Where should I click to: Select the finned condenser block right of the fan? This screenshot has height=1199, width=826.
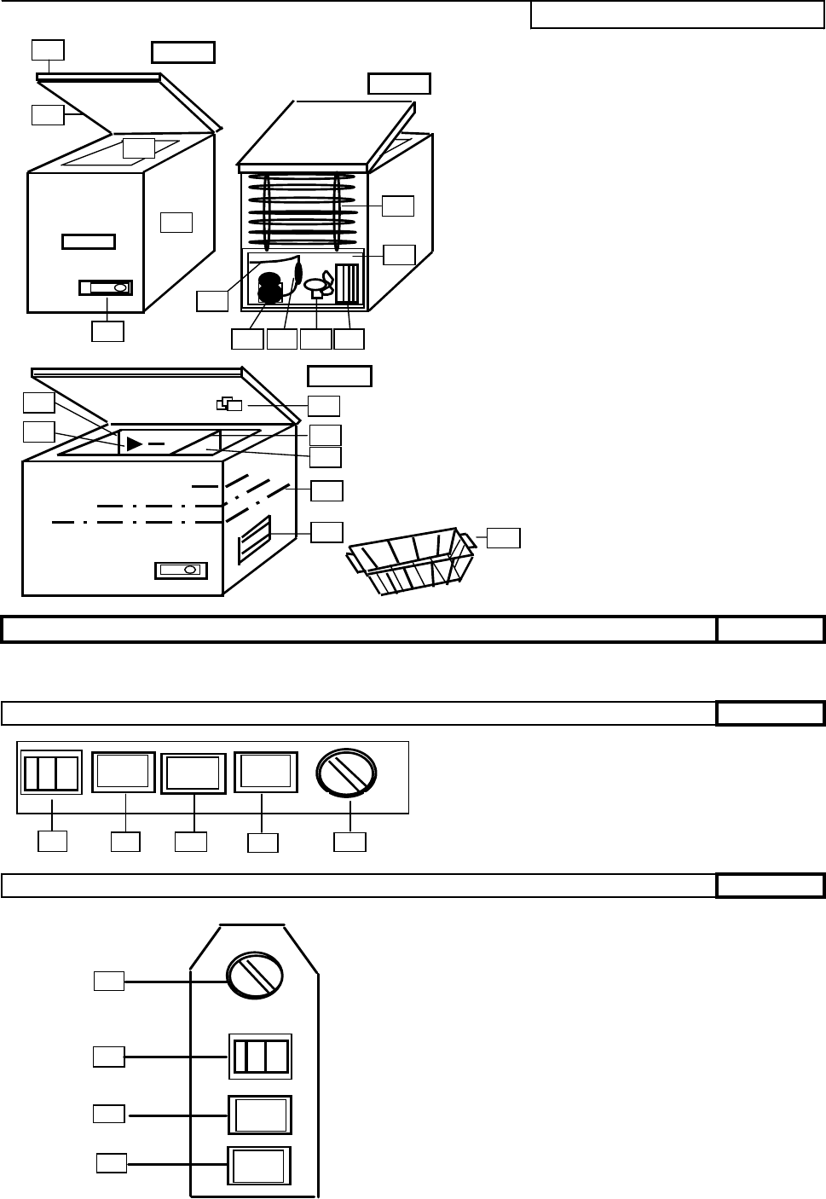349,284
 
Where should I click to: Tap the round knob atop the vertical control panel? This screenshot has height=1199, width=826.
254,975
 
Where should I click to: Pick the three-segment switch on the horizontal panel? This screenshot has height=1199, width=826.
51,773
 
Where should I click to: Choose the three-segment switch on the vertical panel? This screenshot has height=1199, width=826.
261,1057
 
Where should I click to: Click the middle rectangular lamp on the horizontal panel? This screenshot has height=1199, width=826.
194,773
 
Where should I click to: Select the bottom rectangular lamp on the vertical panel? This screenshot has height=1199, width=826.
259,1166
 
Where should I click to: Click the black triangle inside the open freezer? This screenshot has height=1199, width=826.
135,443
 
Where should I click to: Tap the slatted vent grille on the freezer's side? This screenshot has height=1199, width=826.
255,540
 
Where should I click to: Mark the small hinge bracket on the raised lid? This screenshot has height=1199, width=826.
229,403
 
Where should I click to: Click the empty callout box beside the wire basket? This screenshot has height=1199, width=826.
504,537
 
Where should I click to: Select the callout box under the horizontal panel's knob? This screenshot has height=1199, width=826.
350,842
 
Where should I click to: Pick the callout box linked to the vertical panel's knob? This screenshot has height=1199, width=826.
109,982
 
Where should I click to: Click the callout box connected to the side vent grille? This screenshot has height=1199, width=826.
326,532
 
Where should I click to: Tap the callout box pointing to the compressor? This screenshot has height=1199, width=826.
247,339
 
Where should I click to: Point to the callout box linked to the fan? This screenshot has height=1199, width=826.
315,339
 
